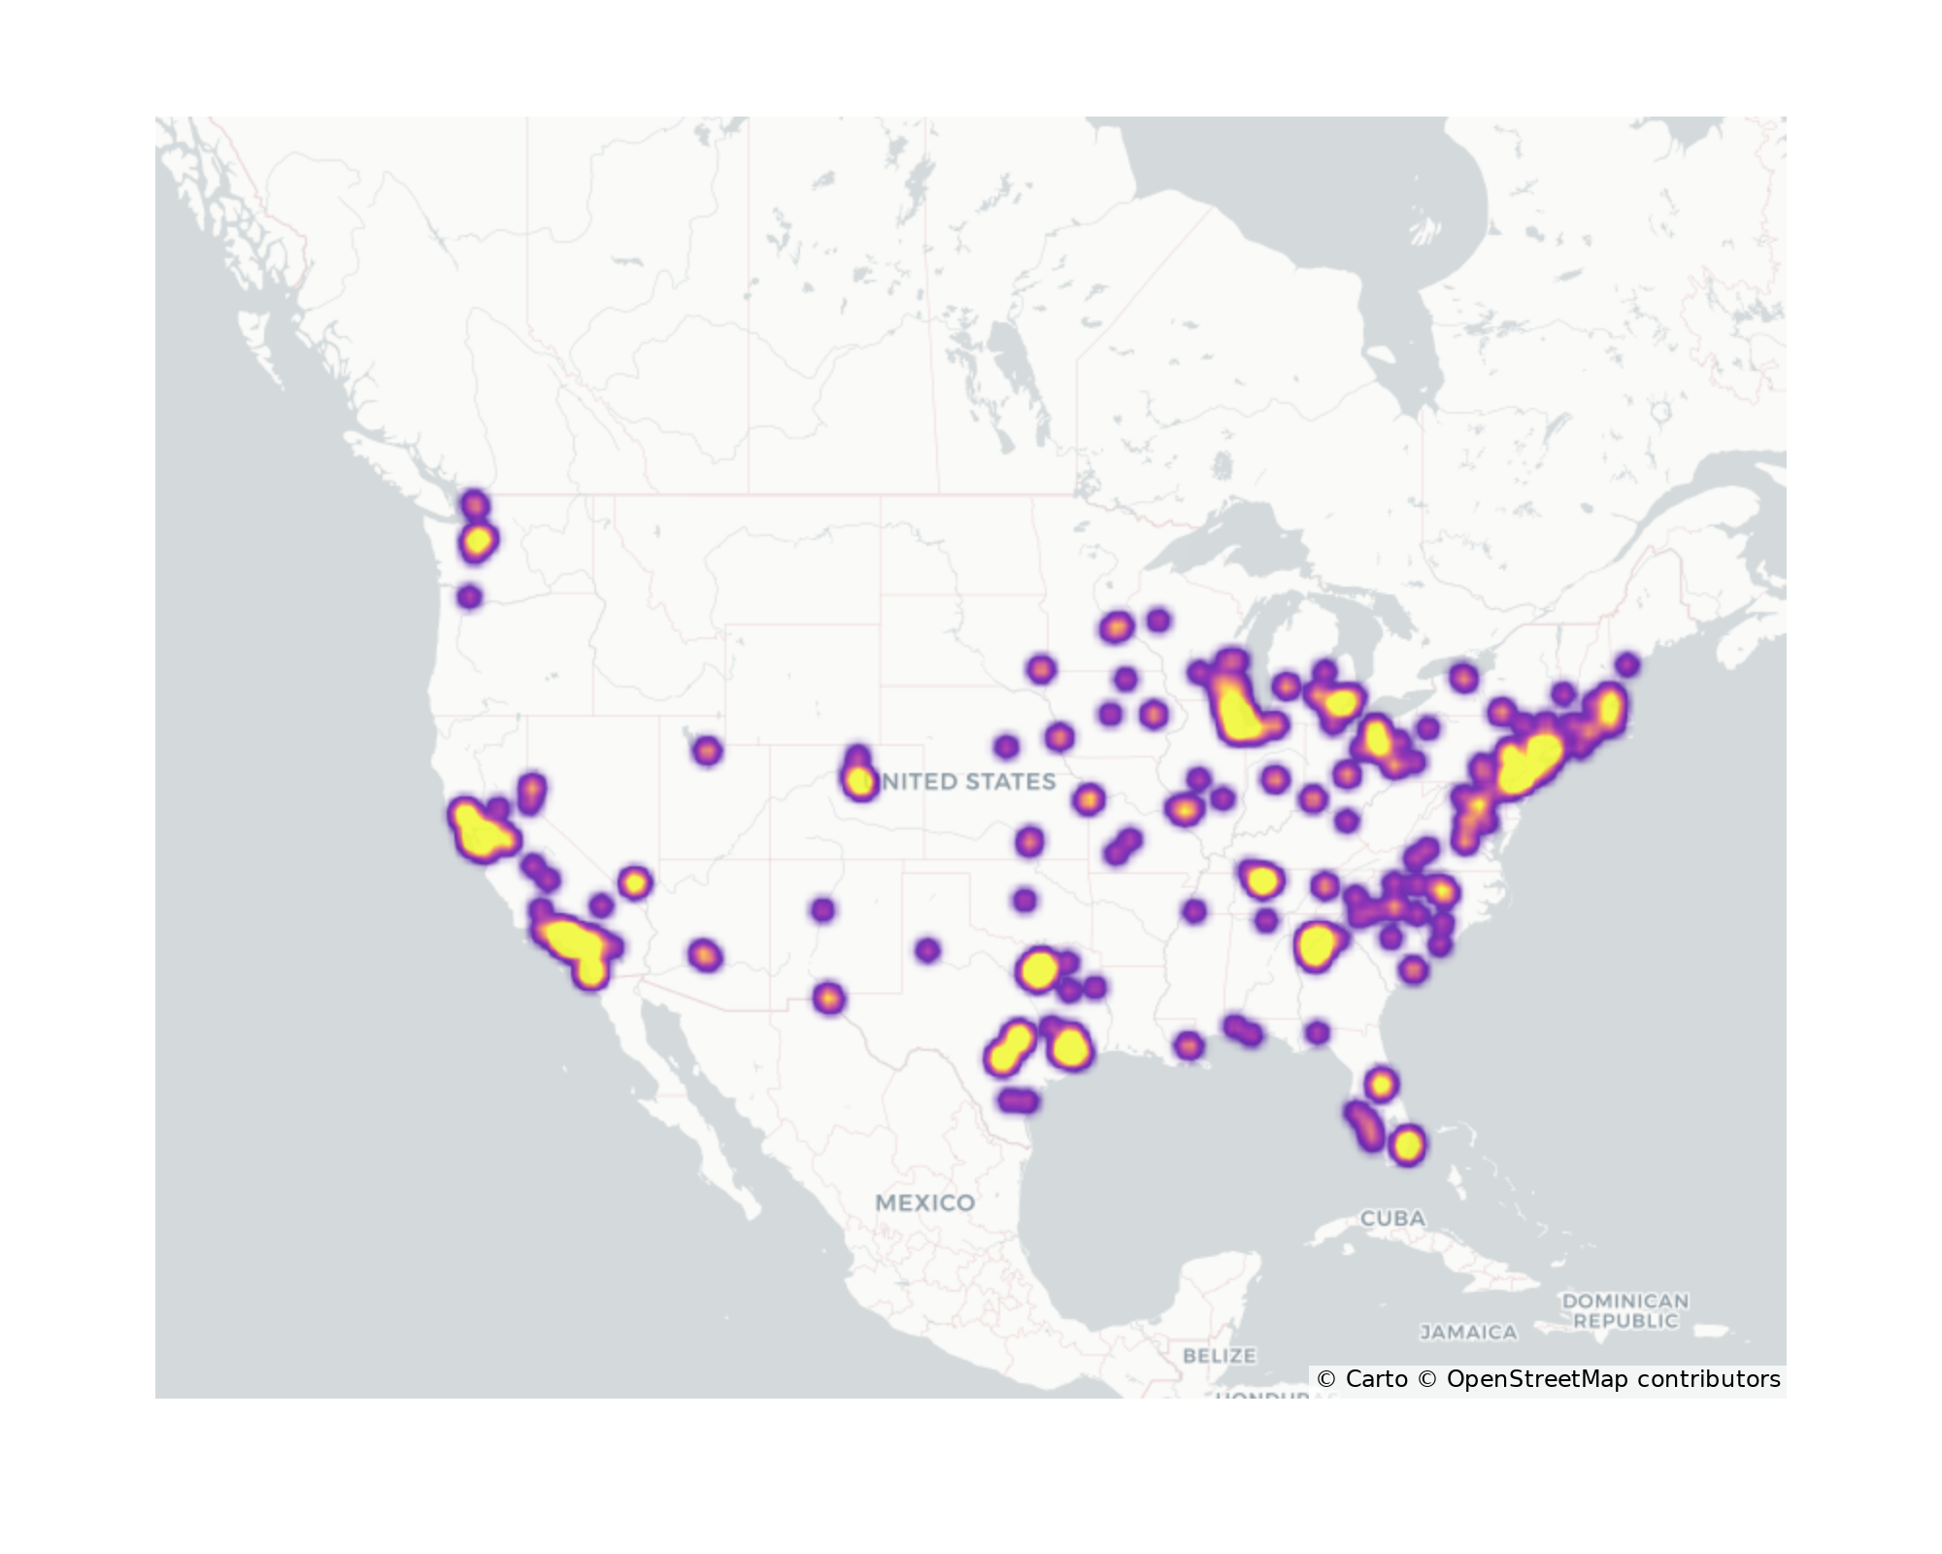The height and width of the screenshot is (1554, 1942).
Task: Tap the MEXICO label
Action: click(924, 1202)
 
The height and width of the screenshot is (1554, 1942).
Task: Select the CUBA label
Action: click(1392, 1218)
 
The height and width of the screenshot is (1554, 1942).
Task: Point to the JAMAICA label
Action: click(1468, 1333)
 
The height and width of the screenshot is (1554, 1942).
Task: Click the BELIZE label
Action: click(1220, 1355)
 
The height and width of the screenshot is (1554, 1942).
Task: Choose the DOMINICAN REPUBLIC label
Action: click(1624, 1310)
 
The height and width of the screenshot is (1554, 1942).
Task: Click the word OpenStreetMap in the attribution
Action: click(1536, 1379)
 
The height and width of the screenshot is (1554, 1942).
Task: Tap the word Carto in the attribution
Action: click(1376, 1379)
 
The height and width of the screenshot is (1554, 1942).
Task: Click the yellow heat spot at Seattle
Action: click(477, 540)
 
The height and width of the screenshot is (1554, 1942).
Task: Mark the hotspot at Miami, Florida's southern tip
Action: click(1407, 1145)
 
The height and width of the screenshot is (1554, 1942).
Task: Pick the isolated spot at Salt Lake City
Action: click(707, 750)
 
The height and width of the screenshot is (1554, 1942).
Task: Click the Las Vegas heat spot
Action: click(634, 883)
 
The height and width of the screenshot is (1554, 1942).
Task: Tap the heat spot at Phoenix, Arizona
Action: click(705, 955)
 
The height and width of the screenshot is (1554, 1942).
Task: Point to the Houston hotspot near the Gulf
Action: click(1069, 1047)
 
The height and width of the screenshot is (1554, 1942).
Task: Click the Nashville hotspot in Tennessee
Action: click(1260, 880)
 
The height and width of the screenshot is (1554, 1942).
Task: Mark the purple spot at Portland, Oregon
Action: click(470, 596)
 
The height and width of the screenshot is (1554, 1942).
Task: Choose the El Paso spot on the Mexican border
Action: click(827, 997)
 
